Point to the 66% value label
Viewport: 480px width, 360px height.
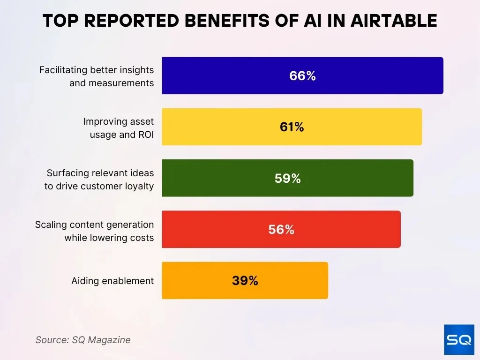click(x=302, y=76)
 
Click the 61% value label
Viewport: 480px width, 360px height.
click(x=292, y=127)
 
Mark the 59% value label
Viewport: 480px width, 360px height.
click(x=287, y=178)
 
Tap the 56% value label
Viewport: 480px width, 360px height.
click(x=281, y=229)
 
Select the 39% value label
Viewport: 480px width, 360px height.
click(x=245, y=280)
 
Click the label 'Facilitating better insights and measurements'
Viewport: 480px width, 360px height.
click(x=97, y=76)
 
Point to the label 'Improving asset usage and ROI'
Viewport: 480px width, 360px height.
click(x=119, y=127)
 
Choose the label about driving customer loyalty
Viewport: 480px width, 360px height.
click(x=99, y=179)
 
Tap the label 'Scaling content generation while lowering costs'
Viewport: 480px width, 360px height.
click(x=95, y=231)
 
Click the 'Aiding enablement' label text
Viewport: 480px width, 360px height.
click(x=112, y=281)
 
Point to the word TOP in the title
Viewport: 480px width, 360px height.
click(x=59, y=21)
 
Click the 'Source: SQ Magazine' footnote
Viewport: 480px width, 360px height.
click(x=83, y=340)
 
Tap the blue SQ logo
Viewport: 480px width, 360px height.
click(x=459, y=339)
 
